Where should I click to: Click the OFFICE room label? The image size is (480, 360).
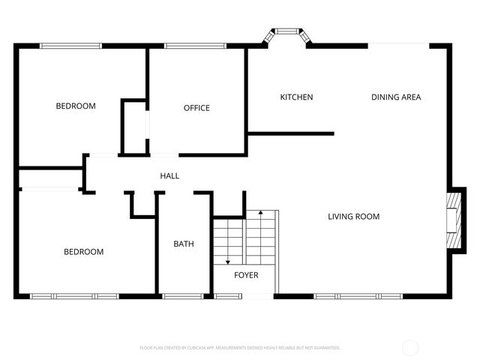click(x=196, y=108)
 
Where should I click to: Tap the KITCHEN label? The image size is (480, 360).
click(x=296, y=97)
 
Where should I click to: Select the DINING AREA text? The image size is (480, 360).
click(x=396, y=97)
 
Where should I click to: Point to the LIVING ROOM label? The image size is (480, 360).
click(x=353, y=217)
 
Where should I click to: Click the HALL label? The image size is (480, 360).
click(x=169, y=176)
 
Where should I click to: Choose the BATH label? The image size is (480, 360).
click(x=184, y=244)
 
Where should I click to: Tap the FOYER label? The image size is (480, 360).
click(x=246, y=275)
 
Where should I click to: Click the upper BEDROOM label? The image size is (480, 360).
click(x=76, y=106)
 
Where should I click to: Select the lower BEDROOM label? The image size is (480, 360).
click(x=83, y=252)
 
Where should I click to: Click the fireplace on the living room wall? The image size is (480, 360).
click(x=452, y=220)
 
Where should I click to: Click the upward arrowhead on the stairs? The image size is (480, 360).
click(x=260, y=214)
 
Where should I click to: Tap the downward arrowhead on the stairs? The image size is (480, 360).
click(x=229, y=262)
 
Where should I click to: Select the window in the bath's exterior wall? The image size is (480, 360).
click(x=183, y=296)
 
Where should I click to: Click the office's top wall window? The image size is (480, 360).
click(x=195, y=46)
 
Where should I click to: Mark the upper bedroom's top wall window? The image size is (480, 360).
click(x=70, y=46)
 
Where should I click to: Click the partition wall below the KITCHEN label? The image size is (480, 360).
click(x=290, y=133)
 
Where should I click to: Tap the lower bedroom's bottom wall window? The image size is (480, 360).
click(x=74, y=296)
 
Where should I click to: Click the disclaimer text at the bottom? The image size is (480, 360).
click(x=240, y=348)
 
